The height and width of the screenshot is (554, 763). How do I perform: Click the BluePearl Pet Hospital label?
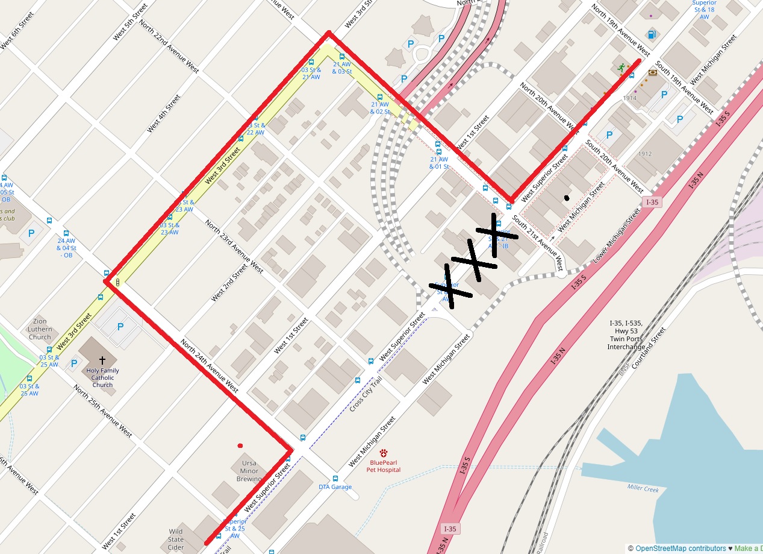(x=383, y=466)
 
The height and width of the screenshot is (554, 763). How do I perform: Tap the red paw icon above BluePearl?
(x=383, y=453)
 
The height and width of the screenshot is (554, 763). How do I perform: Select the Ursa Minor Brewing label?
(x=249, y=471)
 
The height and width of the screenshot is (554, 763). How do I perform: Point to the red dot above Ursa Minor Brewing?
(x=240, y=446)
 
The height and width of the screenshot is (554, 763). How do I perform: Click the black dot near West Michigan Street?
(x=567, y=198)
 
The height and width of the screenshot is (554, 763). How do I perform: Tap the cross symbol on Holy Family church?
(x=102, y=359)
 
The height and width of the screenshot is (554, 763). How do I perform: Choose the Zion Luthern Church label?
(x=40, y=329)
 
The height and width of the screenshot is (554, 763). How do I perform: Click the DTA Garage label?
(x=335, y=487)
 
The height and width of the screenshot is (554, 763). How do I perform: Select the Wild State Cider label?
(x=176, y=540)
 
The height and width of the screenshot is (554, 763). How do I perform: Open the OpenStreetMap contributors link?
(x=680, y=549)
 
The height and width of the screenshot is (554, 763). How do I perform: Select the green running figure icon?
(x=621, y=68)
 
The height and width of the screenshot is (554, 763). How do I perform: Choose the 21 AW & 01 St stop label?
(x=439, y=163)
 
